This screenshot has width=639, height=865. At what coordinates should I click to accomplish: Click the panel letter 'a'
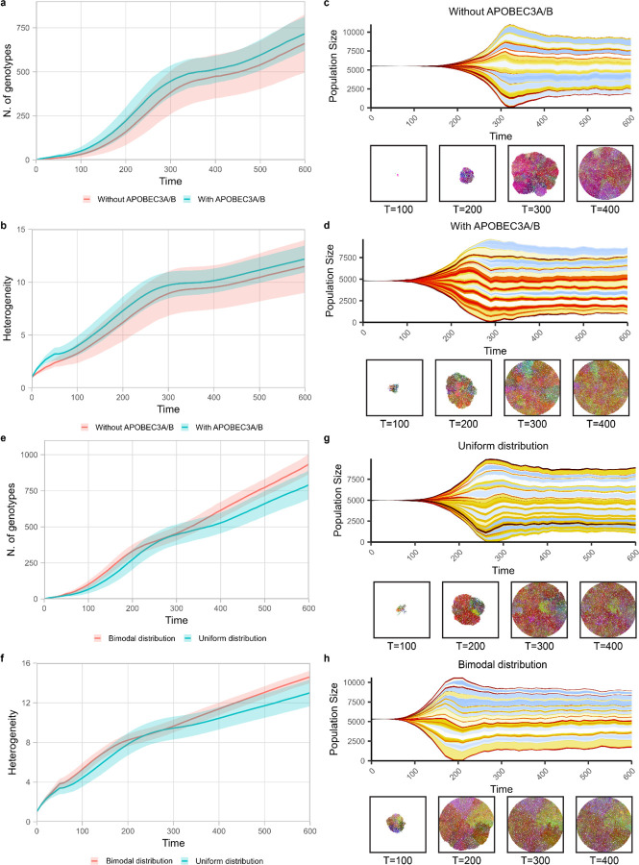[5, 6]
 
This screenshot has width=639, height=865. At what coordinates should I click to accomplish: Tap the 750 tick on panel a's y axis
[24, 29]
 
